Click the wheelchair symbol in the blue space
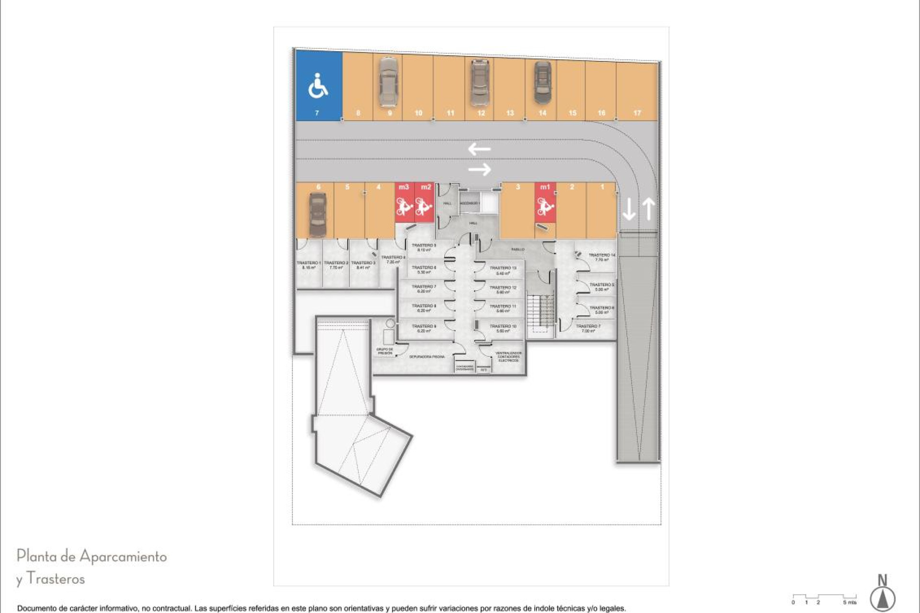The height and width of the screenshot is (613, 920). point(318,86)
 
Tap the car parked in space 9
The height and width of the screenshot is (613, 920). point(388,82)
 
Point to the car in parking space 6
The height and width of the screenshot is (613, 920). point(317,215)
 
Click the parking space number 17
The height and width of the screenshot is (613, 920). point(637,113)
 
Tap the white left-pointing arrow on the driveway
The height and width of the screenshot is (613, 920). point(479,149)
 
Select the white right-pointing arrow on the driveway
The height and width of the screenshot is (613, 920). point(480,169)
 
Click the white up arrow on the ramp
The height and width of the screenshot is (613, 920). point(648,209)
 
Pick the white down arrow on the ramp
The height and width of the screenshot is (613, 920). point(629,210)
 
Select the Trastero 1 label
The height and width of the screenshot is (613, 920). point(309,265)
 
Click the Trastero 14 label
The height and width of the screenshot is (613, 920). point(601,257)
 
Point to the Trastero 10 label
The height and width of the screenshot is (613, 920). point(503,328)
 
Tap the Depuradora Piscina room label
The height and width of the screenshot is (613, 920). point(426,357)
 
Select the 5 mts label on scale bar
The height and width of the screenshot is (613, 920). point(849,602)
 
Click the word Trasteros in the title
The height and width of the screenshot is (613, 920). point(56,579)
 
